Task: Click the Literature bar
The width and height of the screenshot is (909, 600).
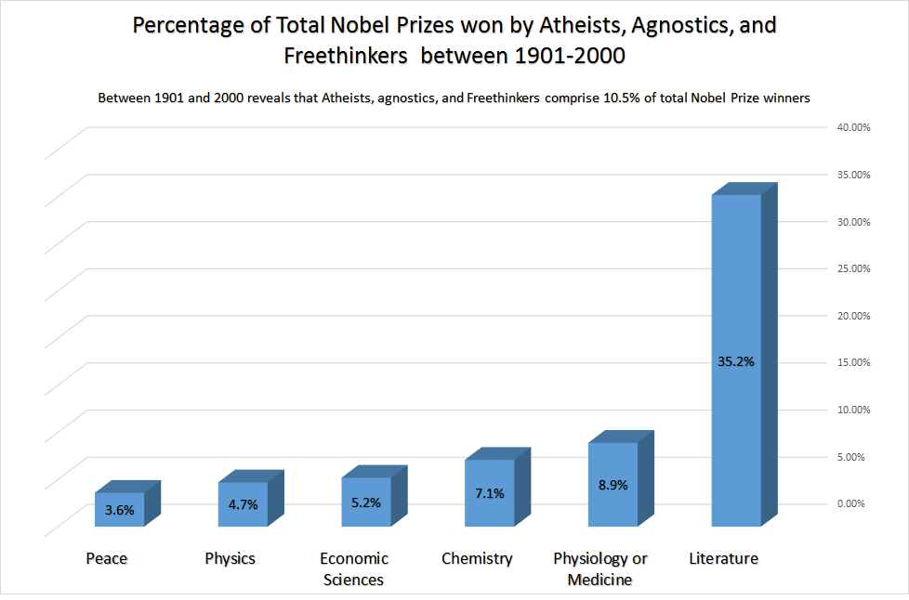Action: tap(736, 279)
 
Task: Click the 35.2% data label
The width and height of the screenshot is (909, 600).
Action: tap(735, 361)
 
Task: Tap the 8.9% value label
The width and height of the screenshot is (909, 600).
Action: tap(613, 485)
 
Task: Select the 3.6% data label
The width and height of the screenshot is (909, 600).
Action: tap(119, 509)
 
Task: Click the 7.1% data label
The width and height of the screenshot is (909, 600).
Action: tap(489, 493)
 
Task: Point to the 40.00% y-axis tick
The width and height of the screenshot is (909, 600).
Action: tap(851, 127)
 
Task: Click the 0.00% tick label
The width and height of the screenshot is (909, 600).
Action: tap(853, 503)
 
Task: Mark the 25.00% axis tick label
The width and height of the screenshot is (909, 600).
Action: tap(851, 268)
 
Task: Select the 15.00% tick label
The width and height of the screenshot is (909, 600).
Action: tap(851, 362)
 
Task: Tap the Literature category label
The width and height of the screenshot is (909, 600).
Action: tap(723, 558)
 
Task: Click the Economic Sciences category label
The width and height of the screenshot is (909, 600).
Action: tap(353, 568)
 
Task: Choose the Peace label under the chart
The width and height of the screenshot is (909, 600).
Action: tap(106, 558)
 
